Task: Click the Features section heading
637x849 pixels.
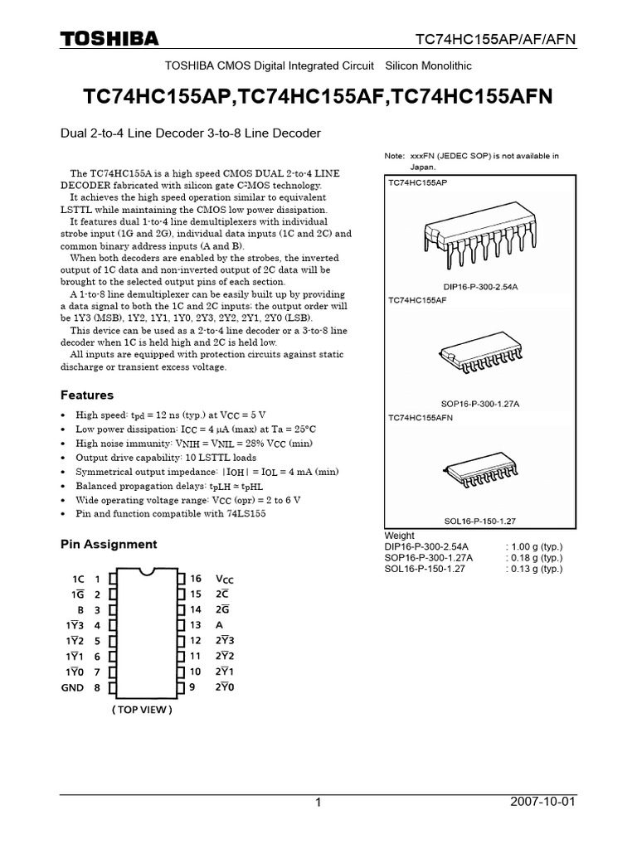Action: pos(87,395)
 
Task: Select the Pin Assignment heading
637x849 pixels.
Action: pos(109,545)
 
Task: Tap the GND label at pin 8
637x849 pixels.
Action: pos(72,687)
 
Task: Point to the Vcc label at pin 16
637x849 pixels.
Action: pos(224,579)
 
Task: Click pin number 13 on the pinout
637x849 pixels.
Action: pos(196,625)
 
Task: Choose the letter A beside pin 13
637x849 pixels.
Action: pos(219,625)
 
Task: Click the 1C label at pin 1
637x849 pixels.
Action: pos(78,579)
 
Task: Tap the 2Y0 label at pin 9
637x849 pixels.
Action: pos(225,687)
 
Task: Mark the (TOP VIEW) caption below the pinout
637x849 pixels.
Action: pos(143,710)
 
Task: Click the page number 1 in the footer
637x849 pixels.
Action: pos(318,804)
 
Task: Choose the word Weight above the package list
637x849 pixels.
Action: pos(400,536)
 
